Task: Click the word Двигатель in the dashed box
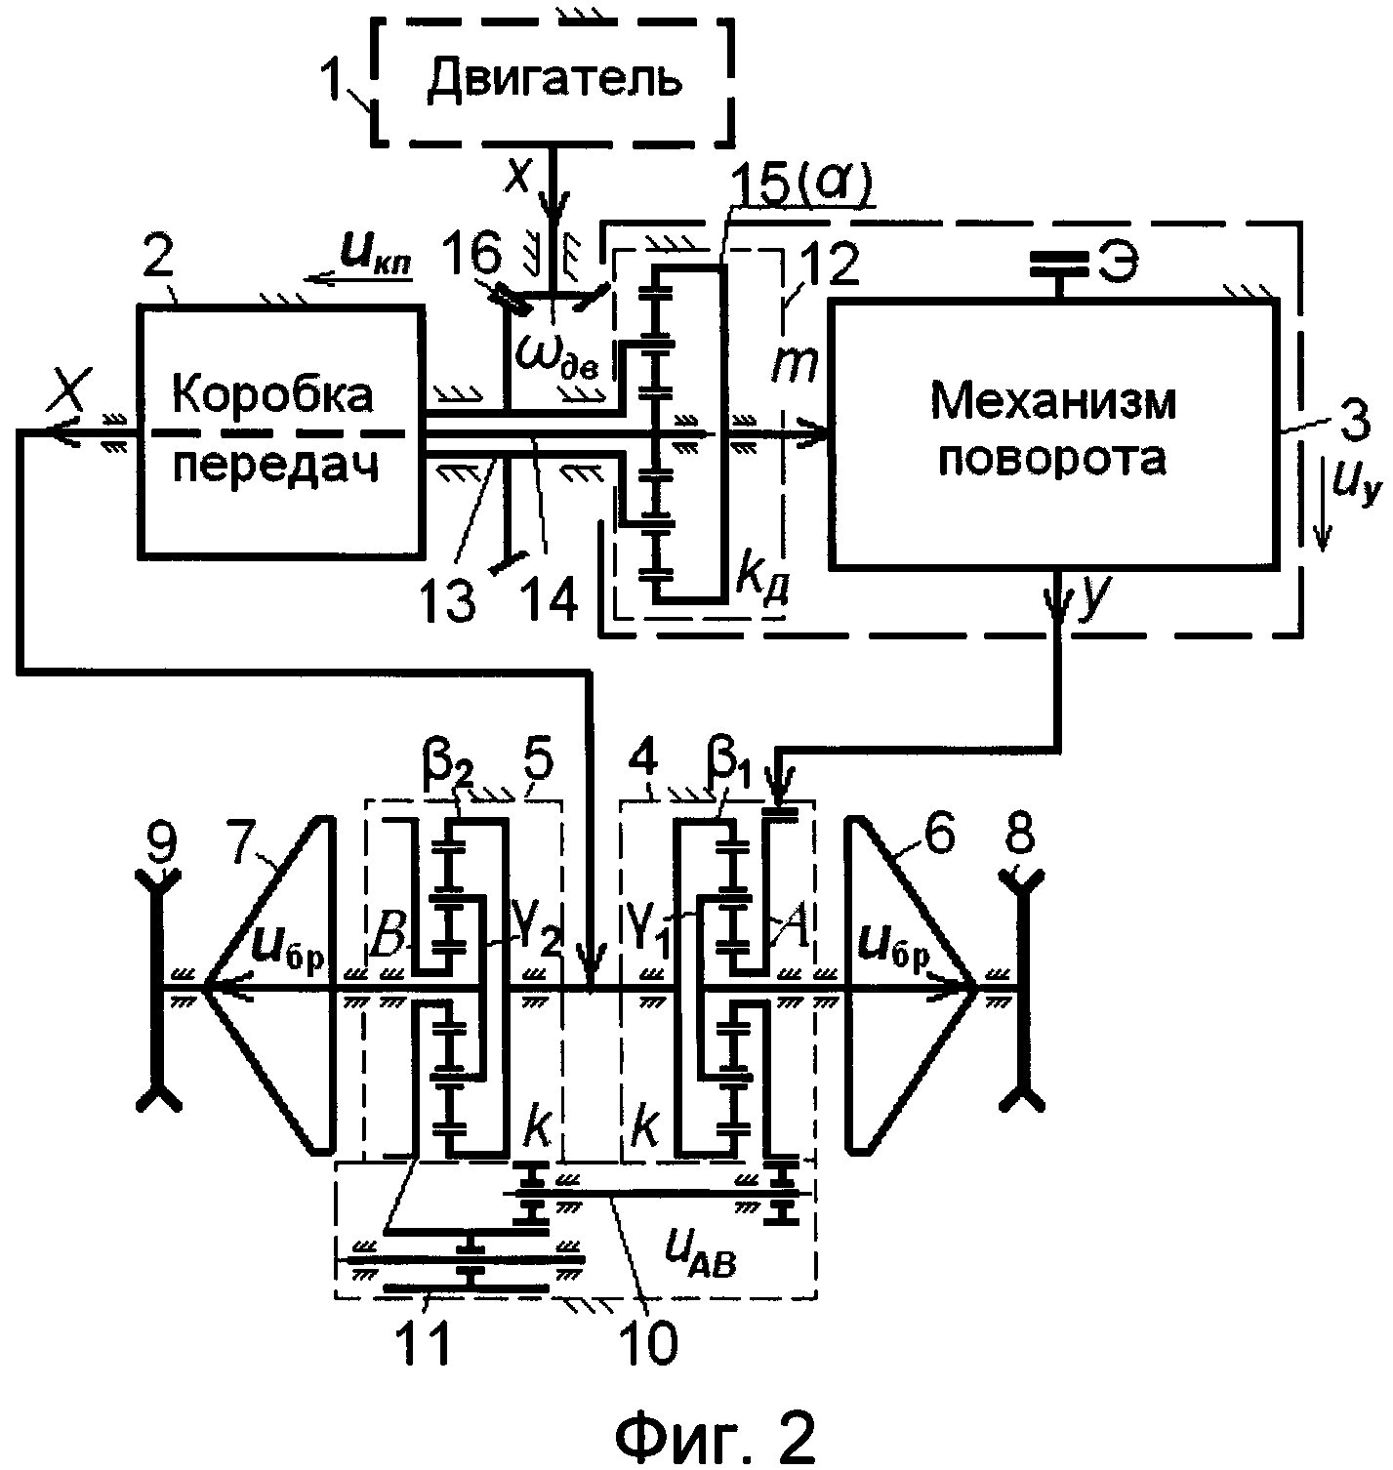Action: pyautogui.click(x=553, y=79)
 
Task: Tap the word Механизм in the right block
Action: pyautogui.click(x=1051, y=400)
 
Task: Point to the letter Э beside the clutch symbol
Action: pyautogui.click(x=1117, y=263)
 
